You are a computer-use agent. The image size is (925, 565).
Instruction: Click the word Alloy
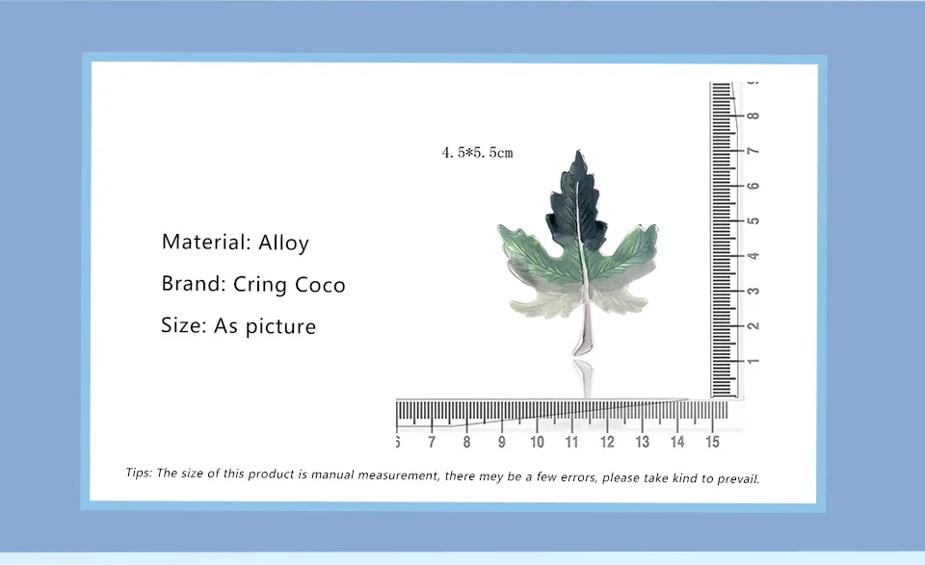tap(283, 243)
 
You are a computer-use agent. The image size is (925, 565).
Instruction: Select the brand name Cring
tap(260, 285)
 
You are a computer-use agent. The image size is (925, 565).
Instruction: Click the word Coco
tap(320, 285)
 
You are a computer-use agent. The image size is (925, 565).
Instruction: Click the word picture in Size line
tap(280, 327)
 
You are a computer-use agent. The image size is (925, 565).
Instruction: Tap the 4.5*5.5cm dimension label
tap(477, 153)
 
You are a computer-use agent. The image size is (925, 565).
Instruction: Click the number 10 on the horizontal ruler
tap(537, 442)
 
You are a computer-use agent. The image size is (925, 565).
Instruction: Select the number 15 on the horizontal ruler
tap(712, 442)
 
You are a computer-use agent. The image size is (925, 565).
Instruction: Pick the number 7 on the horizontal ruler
tap(432, 442)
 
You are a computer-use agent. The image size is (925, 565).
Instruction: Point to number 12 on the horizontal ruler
tap(607, 442)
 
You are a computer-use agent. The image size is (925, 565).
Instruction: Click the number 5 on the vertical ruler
tap(753, 221)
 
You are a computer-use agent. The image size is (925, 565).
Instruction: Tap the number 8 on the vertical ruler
tap(753, 116)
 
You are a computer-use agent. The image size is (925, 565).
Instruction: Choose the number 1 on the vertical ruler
tap(753, 361)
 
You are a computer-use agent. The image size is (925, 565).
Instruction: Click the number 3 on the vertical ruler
tap(753, 291)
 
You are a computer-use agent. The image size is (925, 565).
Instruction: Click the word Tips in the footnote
tap(139, 473)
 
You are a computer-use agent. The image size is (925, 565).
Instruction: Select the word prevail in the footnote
tap(738, 478)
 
